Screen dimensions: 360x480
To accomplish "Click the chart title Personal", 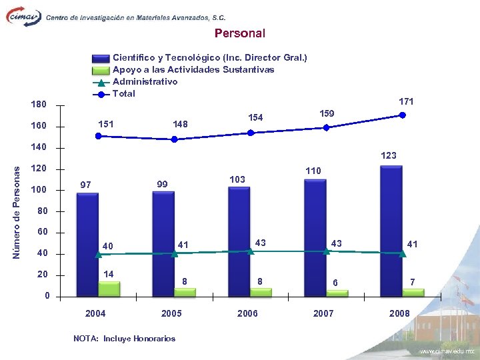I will point(239,33).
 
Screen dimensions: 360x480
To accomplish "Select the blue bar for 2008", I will point(391,230).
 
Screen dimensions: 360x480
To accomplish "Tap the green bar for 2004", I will point(109,288).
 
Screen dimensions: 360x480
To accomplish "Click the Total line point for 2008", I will point(403,115).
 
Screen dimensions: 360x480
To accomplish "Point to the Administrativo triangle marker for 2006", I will point(251,251).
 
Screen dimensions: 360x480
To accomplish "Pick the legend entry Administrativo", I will point(145,81).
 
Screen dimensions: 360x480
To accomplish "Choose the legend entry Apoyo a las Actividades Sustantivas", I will point(193,69).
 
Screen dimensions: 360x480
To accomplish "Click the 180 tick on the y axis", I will point(39,105).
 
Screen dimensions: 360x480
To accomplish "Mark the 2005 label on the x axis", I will point(172,313).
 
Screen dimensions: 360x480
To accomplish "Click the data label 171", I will point(406,101).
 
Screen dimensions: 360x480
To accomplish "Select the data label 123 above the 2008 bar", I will point(389,155).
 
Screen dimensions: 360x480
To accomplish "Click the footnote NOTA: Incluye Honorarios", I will point(125,339).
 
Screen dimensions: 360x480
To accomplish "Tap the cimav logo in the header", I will point(23,17).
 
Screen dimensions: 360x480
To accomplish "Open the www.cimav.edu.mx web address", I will point(445,351).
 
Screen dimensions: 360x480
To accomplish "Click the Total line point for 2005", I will point(175,139).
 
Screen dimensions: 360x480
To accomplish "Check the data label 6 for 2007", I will point(336,283).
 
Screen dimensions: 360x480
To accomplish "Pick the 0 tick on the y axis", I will point(47,296).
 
